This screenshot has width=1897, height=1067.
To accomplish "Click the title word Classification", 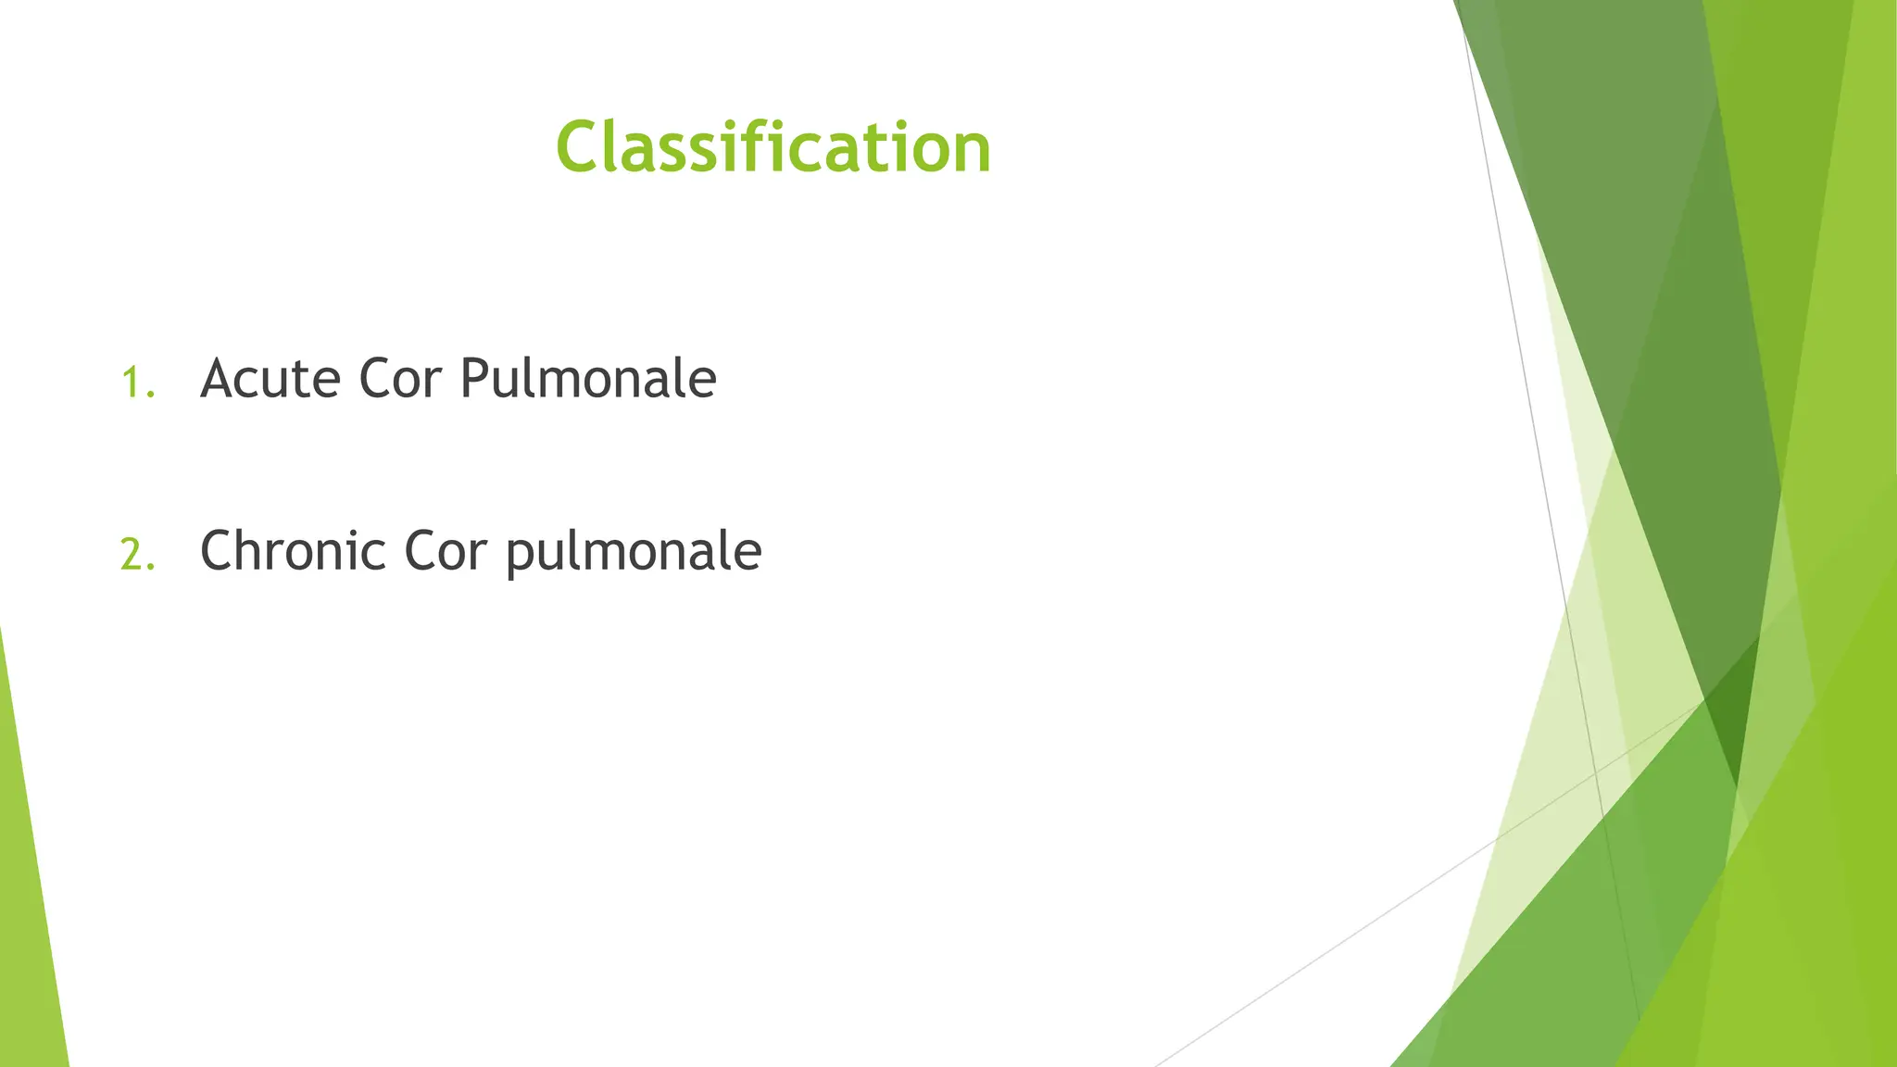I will (x=773, y=147).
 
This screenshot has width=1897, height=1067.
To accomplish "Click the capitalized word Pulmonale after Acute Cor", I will (x=588, y=379).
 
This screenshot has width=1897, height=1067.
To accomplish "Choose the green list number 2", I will (x=132, y=556).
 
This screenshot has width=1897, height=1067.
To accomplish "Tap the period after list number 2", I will (x=152, y=568).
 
